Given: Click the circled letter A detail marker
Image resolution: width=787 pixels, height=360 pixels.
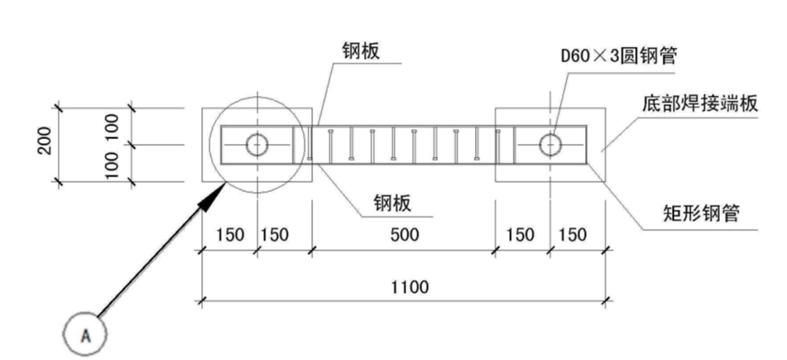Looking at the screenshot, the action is (x=85, y=334).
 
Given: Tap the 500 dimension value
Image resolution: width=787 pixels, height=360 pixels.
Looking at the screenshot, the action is (x=404, y=235).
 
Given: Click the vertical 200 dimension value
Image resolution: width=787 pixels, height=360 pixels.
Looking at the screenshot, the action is (x=45, y=141).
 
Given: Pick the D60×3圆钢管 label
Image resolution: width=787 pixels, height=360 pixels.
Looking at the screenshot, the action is (x=619, y=55).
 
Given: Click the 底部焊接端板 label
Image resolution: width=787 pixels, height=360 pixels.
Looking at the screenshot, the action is (x=700, y=104).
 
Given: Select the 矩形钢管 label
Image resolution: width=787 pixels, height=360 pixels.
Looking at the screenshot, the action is (x=701, y=214).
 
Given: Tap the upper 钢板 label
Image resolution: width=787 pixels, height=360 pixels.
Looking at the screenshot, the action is (x=361, y=51).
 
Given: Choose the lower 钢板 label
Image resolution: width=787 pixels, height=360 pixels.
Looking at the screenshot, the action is (x=392, y=203).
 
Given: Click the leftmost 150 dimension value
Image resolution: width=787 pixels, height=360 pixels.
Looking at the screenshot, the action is (x=230, y=235).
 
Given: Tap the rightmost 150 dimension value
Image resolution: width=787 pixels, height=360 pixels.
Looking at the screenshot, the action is (x=572, y=235).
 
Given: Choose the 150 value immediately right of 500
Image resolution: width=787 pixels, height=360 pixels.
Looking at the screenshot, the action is (x=520, y=235).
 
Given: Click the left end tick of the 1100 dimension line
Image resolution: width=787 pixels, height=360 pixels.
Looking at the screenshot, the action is (x=202, y=301).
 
